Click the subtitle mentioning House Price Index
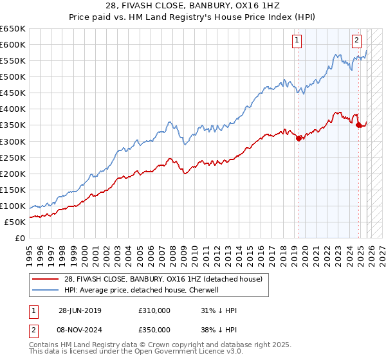point(193,18)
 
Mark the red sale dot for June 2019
point(299,138)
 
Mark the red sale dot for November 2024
point(358,125)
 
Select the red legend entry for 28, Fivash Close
point(161,280)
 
